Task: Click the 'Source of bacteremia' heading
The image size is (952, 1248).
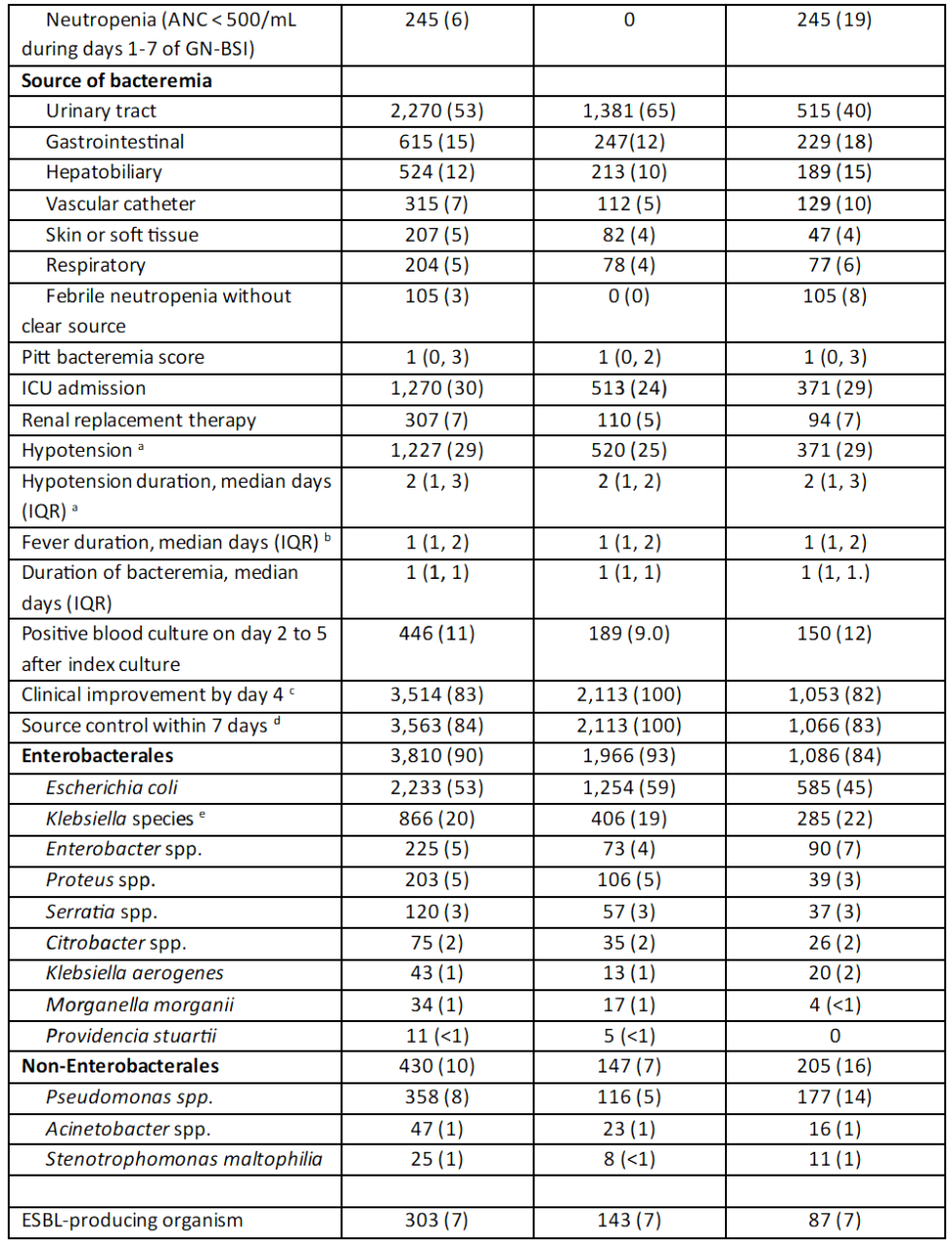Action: pyautogui.click(x=116, y=80)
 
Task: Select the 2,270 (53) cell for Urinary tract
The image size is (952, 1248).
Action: pyautogui.click(x=436, y=111)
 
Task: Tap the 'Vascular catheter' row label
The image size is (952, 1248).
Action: pyautogui.click(x=120, y=203)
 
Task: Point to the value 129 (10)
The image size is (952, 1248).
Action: pyautogui.click(x=834, y=203)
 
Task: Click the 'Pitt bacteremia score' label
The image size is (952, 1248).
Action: pyautogui.click(x=113, y=357)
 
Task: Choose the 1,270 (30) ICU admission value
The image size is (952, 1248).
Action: pyautogui.click(x=436, y=388)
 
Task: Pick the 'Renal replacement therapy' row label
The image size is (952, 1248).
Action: pyautogui.click(x=139, y=419)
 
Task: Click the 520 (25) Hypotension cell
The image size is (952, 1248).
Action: pyautogui.click(x=629, y=450)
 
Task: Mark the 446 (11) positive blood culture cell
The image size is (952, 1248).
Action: pyautogui.click(x=436, y=633)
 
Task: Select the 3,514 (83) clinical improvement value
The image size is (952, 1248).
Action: pyautogui.click(x=436, y=695)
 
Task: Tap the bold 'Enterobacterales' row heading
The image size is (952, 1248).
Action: pyautogui.click(x=97, y=755)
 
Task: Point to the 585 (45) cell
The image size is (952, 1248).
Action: pyautogui.click(x=834, y=788)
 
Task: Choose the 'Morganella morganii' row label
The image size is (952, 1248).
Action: pyautogui.click(x=140, y=1004)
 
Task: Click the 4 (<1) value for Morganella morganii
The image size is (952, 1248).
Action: pyautogui.click(x=834, y=1004)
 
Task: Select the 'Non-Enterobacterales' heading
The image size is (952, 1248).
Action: pyautogui.click(x=120, y=1066)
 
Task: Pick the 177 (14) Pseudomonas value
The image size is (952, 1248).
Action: pyautogui.click(x=834, y=1097)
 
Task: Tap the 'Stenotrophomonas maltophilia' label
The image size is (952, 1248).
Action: pyautogui.click(x=183, y=1159)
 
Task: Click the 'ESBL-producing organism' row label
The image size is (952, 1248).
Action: pyautogui.click(x=132, y=1220)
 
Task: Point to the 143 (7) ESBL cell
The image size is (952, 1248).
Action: pyautogui.click(x=629, y=1220)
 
